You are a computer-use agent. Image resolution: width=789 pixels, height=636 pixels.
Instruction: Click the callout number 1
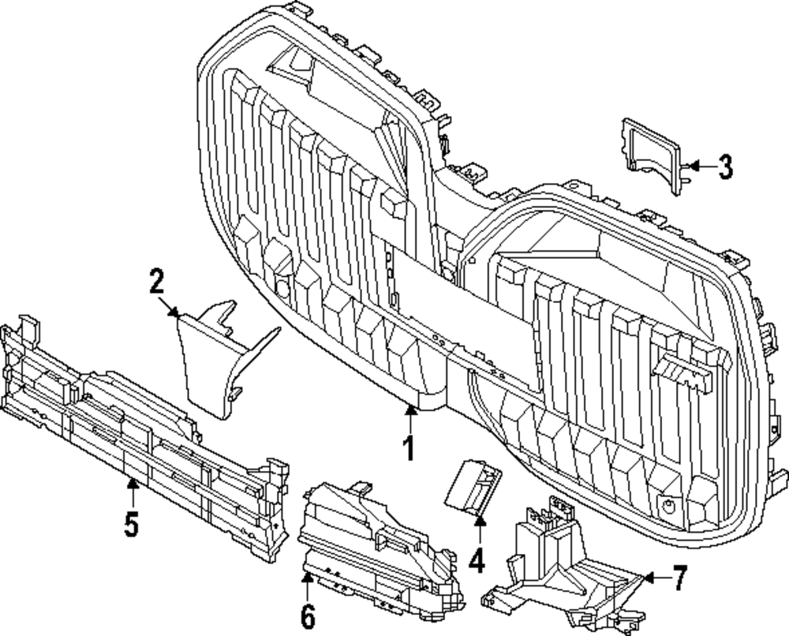point(408,448)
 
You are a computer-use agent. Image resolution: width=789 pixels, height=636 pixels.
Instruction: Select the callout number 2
point(156,281)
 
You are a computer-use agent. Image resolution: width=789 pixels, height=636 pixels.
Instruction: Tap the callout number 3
point(724,166)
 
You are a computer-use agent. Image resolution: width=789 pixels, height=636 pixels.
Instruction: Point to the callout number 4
point(476,561)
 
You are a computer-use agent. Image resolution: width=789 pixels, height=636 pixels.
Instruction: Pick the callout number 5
point(131,523)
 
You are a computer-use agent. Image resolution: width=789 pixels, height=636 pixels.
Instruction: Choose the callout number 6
point(307,615)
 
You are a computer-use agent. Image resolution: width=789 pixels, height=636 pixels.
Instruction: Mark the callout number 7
point(679,578)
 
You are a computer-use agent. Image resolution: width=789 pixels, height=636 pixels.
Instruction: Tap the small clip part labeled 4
point(472,484)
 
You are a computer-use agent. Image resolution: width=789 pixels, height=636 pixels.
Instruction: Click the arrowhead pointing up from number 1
point(409,408)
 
